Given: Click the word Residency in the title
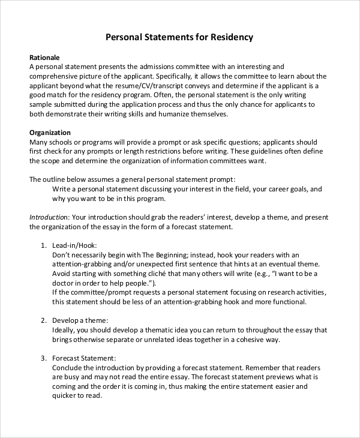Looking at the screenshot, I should click(232, 37).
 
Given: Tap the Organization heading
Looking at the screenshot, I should click(50, 132).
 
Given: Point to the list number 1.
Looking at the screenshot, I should click(43, 245).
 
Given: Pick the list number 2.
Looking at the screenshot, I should click(43, 320).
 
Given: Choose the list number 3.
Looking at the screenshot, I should click(43, 358).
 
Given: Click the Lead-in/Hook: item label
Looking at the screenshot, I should click(74, 245).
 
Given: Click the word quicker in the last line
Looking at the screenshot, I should click(67, 396).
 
